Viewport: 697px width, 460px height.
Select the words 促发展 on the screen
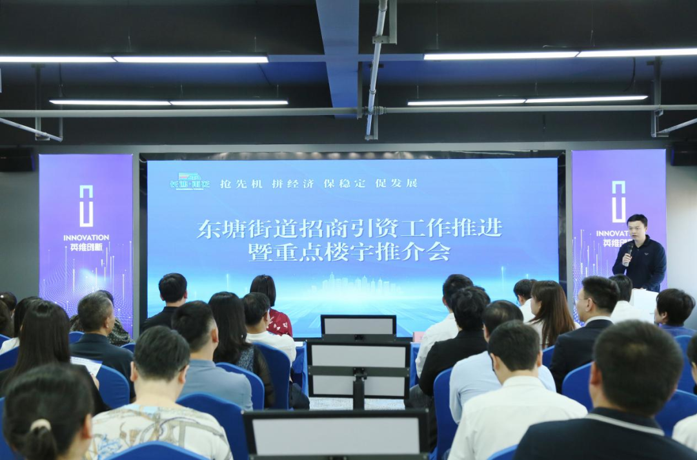[396, 183]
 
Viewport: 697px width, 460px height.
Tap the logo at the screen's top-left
[190, 182]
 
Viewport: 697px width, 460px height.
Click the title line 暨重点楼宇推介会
[349, 251]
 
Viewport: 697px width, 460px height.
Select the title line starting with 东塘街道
[349, 229]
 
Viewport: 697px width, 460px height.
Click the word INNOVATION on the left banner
[86, 238]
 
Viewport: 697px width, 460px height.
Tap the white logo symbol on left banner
[86, 206]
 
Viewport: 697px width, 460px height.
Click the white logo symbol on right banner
[618, 202]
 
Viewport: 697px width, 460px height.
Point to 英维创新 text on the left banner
[86, 247]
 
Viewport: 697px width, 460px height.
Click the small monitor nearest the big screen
[358, 326]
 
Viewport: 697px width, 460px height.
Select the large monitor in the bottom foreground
[336, 434]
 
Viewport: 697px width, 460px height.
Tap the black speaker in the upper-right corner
[683, 154]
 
